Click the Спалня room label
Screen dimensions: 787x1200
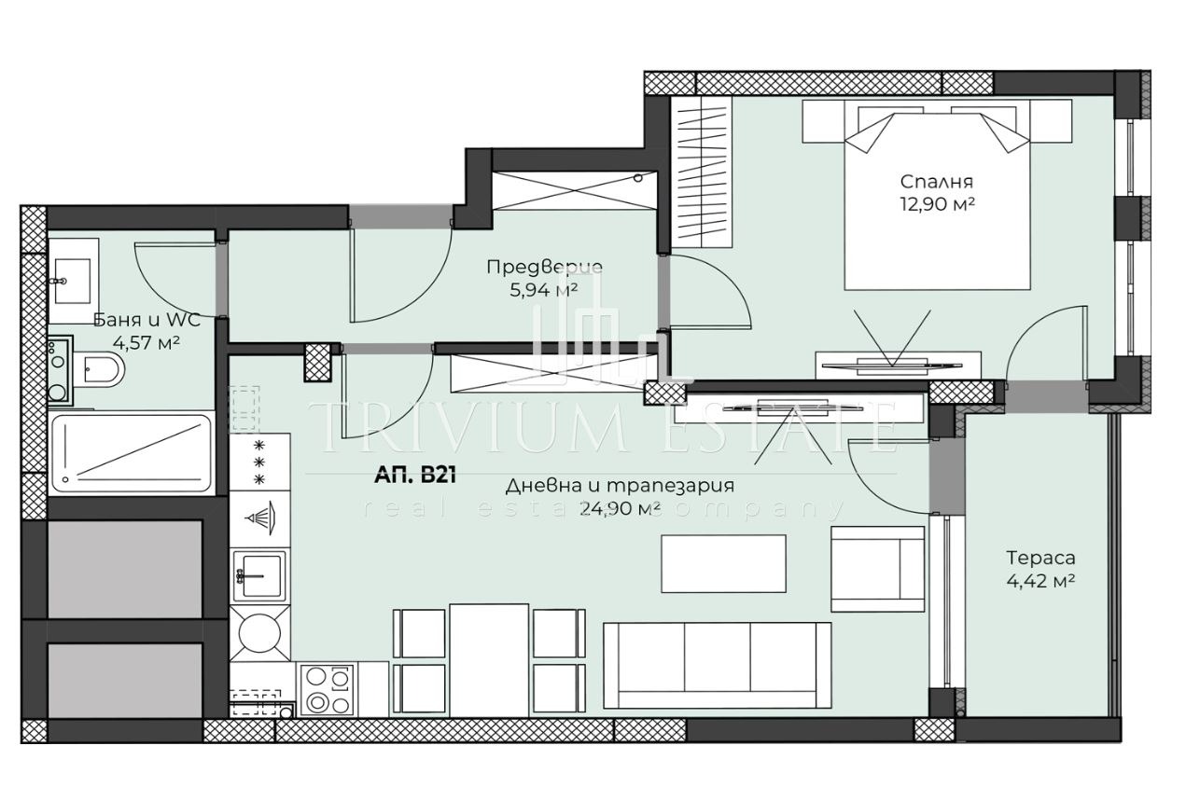pyautogui.click(x=936, y=182)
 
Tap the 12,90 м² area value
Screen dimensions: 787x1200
pyautogui.click(x=936, y=202)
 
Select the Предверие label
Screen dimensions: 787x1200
pyautogui.click(x=544, y=268)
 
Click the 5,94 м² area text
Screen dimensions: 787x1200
pyautogui.click(x=544, y=289)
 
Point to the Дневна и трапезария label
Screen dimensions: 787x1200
pyautogui.click(x=620, y=486)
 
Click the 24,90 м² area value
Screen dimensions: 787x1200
pyautogui.click(x=620, y=508)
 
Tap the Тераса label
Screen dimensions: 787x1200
pyautogui.click(x=1040, y=559)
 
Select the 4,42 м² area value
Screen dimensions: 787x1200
pyautogui.click(x=1040, y=580)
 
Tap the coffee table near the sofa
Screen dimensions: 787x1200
pyautogui.click(x=724, y=562)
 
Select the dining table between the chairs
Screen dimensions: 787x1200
pyautogui.click(x=489, y=660)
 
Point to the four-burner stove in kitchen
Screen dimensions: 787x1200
pyautogui.click(x=326, y=690)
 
